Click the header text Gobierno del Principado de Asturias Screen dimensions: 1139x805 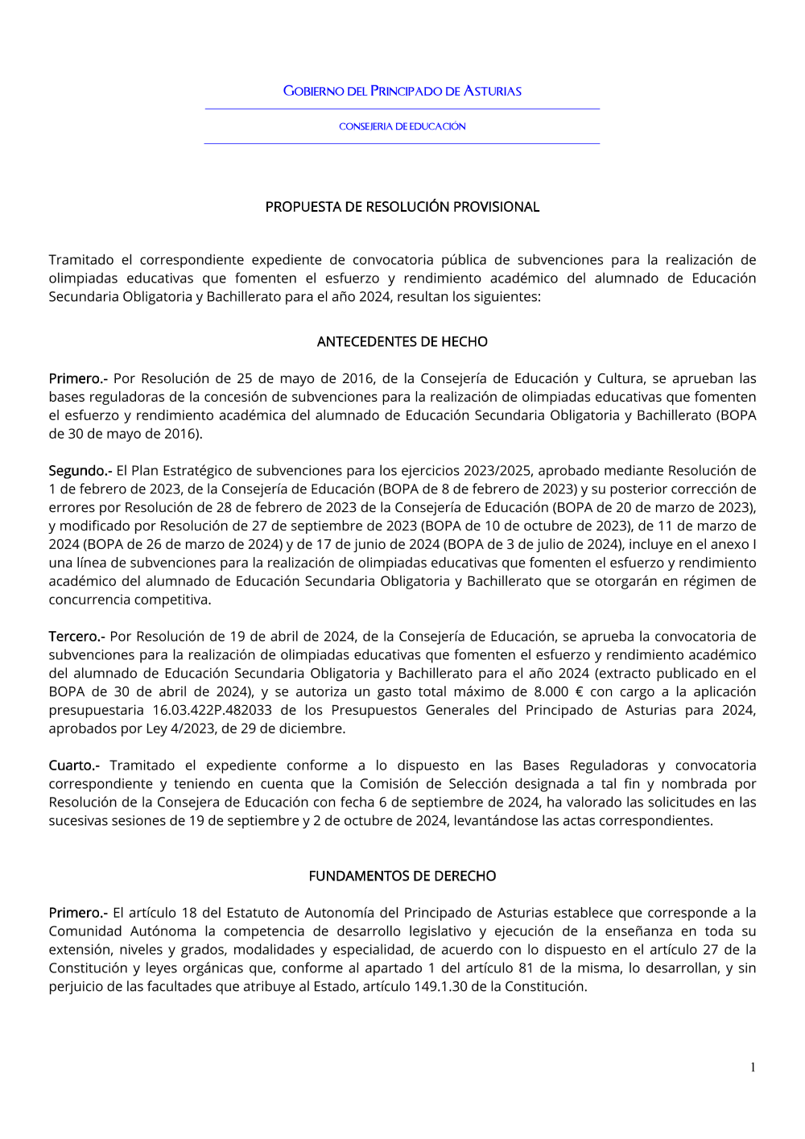tap(402, 91)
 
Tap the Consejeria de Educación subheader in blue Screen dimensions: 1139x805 tap(402, 126)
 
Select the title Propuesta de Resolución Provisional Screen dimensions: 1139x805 tap(402, 207)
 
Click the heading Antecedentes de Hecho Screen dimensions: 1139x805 tap(402, 341)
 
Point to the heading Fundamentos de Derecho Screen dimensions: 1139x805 tap(402, 876)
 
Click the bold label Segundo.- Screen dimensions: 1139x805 tap(80, 470)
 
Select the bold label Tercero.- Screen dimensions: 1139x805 tap(76, 636)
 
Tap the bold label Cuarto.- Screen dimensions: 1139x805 tap(74, 765)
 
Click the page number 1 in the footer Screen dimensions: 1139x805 tap(753, 1067)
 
